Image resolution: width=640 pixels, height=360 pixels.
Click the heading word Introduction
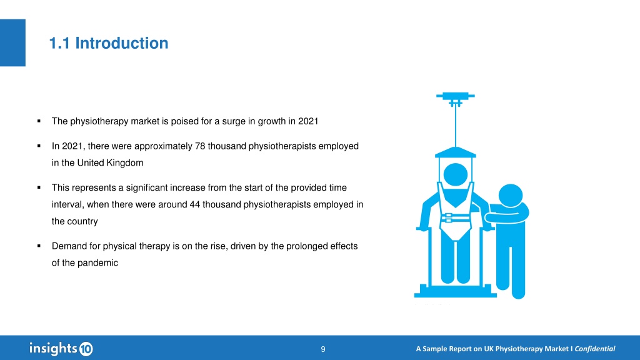pyautogui.click(x=122, y=43)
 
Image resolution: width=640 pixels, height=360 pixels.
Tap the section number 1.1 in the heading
pyautogui.click(x=59, y=43)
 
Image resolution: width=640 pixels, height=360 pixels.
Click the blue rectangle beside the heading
pyautogui.click(x=12, y=42)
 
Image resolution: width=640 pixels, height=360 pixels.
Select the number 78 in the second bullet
pyautogui.click(x=200, y=146)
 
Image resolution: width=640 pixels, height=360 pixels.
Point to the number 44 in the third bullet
pyautogui.click(x=195, y=204)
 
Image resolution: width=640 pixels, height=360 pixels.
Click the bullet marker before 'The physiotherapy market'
pyautogui.click(x=39, y=121)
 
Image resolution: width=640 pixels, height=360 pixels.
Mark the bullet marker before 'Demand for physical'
pyautogui.click(x=39, y=246)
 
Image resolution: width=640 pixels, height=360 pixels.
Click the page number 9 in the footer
pyautogui.click(x=323, y=349)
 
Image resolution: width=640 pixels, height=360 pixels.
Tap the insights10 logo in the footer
pyautogui.click(x=61, y=348)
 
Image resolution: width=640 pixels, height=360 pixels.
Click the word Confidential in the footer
pyautogui.click(x=595, y=349)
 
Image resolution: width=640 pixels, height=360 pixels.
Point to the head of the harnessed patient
pyautogui.click(x=456, y=175)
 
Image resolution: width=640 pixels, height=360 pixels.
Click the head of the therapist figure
pyautogui.click(x=511, y=196)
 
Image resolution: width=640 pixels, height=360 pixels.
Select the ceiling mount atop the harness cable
pyautogui.click(x=456, y=98)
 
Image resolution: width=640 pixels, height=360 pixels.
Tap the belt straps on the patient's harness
pyautogui.click(x=455, y=218)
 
